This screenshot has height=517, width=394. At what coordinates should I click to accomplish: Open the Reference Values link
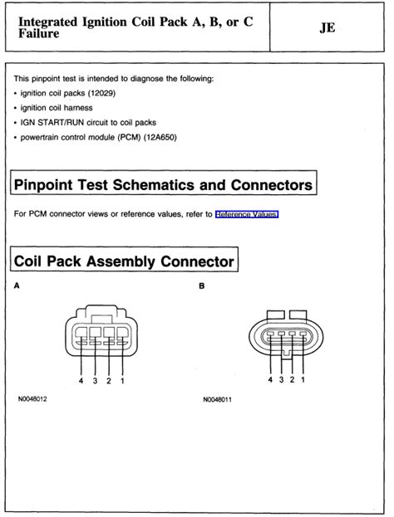pyautogui.click(x=247, y=214)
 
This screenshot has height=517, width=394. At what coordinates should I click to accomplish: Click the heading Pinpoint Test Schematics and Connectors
pyautogui.click(x=165, y=183)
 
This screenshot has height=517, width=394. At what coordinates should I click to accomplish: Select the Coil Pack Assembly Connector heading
pyautogui.click(x=124, y=261)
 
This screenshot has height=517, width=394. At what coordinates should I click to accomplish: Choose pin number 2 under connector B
pyautogui.click(x=292, y=380)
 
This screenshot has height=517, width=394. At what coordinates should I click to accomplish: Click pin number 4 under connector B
pyautogui.click(x=270, y=380)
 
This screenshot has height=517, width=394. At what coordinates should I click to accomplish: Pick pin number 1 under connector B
pyautogui.click(x=303, y=380)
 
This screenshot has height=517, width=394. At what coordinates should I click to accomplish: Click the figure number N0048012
pyautogui.click(x=32, y=399)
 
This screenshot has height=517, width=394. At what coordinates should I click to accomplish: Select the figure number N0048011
pyautogui.click(x=217, y=399)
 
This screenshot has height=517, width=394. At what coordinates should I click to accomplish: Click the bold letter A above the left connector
pyautogui.click(x=17, y=287)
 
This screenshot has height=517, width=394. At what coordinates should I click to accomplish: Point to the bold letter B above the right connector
pyautogui.click(x=202, y=287)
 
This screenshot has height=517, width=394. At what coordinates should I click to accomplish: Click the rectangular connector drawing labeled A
pyautogui.click(x=101, y=333)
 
